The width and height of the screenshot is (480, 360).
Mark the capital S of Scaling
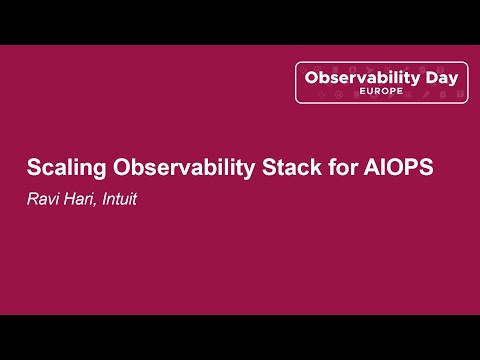(x=32, y=167)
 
